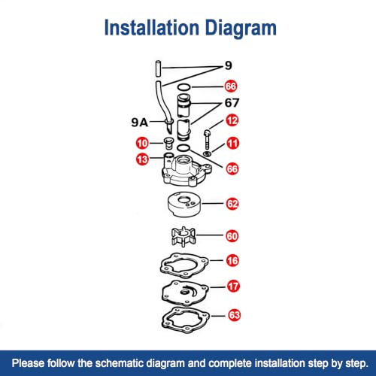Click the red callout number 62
pos(232,204)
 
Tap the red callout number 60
pos(232,236)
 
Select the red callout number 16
pos(232,260)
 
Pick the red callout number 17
pos(233,287)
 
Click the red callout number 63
pos(234,315)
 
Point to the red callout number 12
pos(232,120)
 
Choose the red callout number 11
pos(232,144)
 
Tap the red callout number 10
pos(142,143)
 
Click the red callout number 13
pos(142,159)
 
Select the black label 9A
pos(140,123)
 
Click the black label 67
pos(232,102)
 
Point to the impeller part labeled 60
pos(183,237)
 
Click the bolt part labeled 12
pos(207,139)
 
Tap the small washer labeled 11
pos(207,153)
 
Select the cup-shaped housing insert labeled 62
pos(184,205)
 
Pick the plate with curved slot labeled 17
pos(185,293)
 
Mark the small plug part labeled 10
pos(168,143)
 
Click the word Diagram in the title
pos(241,29)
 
